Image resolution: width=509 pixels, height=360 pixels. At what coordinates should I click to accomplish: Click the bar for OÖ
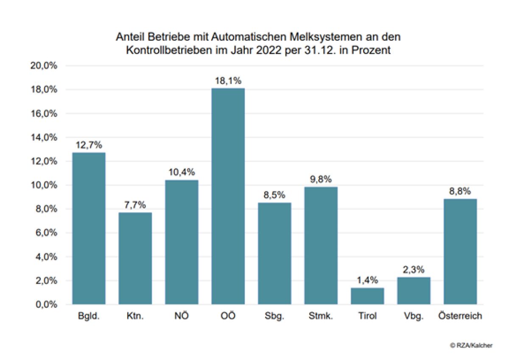(228, 196)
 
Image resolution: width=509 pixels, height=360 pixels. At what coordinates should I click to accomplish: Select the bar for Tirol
(367, 296)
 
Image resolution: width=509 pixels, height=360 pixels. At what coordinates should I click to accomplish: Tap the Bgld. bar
(89, 228)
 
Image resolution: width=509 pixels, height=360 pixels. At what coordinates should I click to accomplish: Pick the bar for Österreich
(460, 251)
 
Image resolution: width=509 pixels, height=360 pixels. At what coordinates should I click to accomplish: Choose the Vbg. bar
(414, 291)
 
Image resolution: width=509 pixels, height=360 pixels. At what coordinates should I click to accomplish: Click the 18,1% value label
(228, 81)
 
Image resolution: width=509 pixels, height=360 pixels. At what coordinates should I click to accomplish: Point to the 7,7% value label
(135, 205)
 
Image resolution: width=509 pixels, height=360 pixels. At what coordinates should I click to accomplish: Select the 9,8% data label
(321, 180)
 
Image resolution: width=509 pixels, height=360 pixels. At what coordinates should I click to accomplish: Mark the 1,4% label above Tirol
(367, 281)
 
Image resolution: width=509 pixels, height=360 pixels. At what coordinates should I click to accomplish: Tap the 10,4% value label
(182, 172)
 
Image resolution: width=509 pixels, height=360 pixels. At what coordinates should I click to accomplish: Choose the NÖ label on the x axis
(182, 317)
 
